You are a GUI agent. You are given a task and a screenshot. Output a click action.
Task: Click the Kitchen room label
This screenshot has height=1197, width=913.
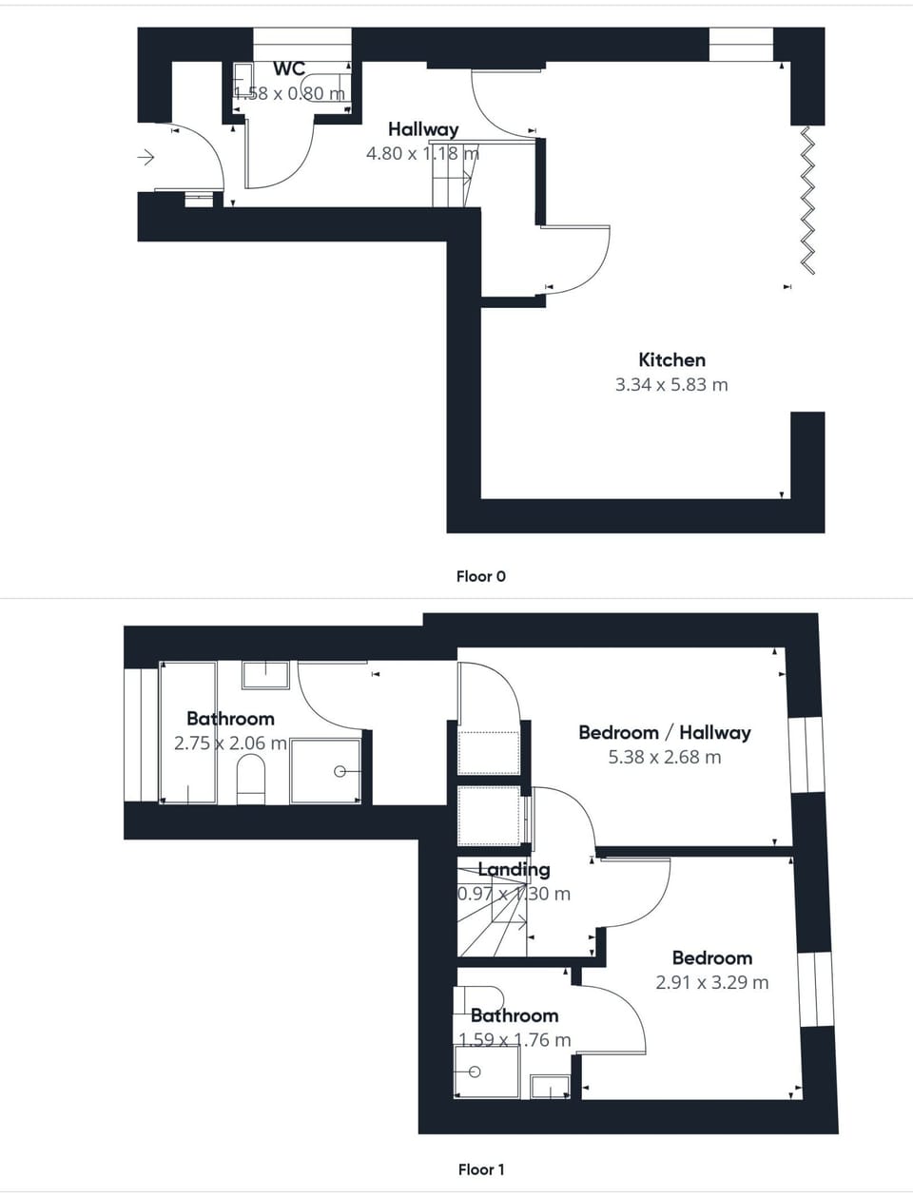[x=671, y=359]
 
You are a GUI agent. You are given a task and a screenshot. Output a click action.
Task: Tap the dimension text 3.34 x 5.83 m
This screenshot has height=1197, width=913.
[x=671, y=385]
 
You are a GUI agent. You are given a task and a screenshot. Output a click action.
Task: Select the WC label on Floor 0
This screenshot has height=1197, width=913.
[x=289, y=68]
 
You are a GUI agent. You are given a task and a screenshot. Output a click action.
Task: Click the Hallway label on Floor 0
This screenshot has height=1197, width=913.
[x=423, y=129]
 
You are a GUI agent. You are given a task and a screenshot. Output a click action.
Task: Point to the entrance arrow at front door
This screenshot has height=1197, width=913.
[x=146, y=158]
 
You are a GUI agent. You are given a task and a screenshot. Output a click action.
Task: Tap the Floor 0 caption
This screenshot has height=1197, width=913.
[x=481, y=576]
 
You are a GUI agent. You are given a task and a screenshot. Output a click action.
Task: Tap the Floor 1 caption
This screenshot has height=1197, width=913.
[x=481, y=1169]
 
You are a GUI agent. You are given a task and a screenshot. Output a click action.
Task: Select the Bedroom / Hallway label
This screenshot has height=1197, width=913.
[x=665, y=732]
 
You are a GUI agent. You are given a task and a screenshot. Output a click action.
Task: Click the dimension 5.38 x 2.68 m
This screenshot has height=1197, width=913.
[x=665, y=758]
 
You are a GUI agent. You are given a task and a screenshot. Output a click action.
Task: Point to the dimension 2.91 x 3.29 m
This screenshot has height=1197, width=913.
[x=712, y=982]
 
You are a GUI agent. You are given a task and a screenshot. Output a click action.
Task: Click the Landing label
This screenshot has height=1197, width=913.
[x=514, y=869]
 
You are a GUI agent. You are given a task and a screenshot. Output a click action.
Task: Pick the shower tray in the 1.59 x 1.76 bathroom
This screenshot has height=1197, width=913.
[x=487, y=1072]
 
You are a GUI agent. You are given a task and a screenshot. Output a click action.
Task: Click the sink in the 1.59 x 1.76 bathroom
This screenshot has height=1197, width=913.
[x=550, y=1086]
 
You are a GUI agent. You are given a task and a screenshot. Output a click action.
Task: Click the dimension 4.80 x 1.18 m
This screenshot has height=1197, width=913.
[x=423, y=153]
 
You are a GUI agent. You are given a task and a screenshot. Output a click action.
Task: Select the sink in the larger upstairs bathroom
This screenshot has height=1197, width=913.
[x=265, y=674]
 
